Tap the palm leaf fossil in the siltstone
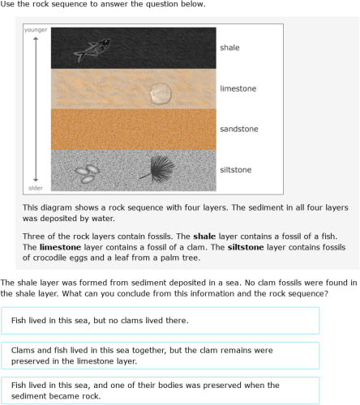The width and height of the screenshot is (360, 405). coord(156,168)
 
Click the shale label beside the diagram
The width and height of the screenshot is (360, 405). coord(229,48)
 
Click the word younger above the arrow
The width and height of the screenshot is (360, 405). coord(36,30)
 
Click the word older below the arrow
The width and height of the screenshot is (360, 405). coord(36,188)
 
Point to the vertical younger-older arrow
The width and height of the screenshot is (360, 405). coord(36,109)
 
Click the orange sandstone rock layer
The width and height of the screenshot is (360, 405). coord(134,129)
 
